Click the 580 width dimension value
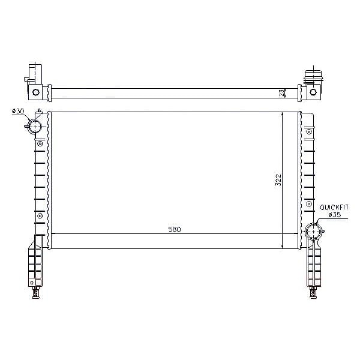point(175,229)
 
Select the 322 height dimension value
point(278,180)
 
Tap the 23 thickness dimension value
point(283,93)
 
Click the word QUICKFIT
point(334,208)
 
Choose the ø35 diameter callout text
point(335,215)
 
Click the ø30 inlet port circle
point(35,127)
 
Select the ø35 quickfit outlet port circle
point(314,232)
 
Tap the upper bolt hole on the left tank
point(40,144)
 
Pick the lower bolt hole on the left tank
point(40,216)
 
